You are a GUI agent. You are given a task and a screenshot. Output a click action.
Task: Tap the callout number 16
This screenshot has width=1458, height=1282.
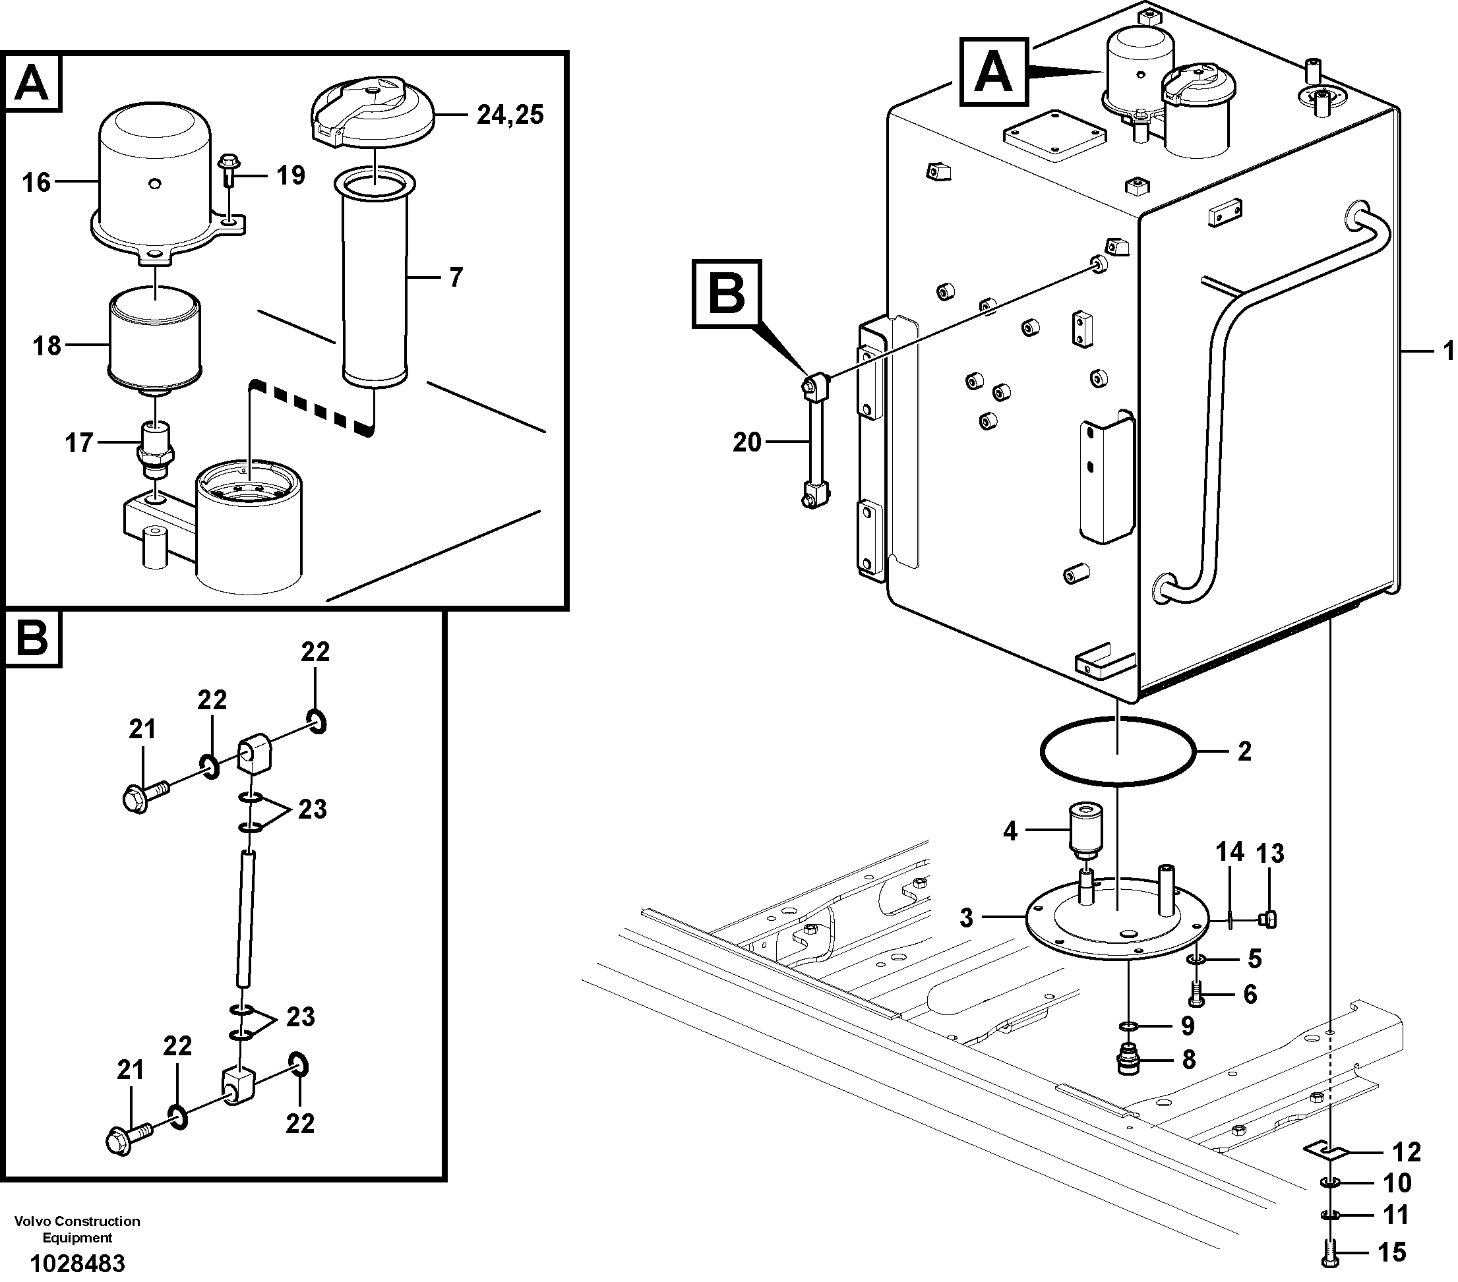(x=36, y=183)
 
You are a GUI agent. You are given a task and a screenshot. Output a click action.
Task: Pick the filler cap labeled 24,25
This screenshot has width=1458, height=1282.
(x=373, y=114)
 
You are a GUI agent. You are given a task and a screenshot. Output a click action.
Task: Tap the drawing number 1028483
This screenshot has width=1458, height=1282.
(x=77, y=1263)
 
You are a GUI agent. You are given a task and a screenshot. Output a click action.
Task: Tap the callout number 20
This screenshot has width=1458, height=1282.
(x=747, y=442)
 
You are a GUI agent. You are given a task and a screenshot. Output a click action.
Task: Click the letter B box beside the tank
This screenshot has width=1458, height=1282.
(x=727, y=294)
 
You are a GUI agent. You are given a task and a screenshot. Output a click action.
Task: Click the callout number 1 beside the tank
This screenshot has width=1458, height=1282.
(x=1447, y=350)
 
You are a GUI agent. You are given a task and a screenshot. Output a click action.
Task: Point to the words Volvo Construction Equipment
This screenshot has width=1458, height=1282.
(x=77, y=1229)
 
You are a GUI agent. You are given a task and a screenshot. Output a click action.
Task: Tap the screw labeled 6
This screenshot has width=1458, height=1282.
(x=1196, y=994)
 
